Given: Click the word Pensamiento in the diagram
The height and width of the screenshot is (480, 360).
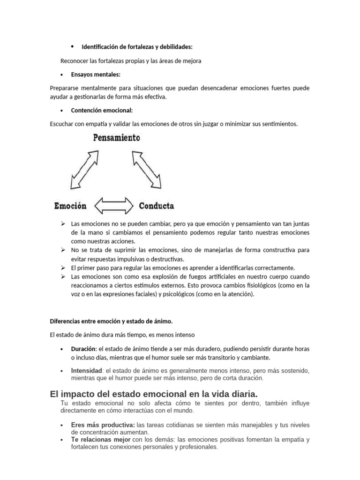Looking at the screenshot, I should (x=116, y=138).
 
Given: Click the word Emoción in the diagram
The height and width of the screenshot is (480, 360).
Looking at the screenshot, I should (x=70, y=206).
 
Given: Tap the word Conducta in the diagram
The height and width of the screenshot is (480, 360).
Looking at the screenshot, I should (x=157, y=206).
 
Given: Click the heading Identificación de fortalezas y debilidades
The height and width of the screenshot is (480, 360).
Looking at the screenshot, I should (x=137, y=47).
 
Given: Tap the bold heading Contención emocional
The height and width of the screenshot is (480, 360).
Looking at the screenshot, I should (x=102, y=111).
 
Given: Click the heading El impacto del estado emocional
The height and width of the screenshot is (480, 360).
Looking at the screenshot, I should (x=153, y=393).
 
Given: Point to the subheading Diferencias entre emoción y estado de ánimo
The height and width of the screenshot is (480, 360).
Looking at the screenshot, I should (x=111, y=321).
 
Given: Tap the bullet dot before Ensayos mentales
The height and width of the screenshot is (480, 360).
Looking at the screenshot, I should (x=62, y=75).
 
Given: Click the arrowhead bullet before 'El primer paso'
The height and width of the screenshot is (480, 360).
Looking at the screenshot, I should (x=63, y=268).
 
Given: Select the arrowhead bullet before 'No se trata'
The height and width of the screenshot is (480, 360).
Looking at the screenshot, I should (x=63, y=250).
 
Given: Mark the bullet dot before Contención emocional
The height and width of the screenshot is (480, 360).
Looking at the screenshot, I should (x=62, y=111).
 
